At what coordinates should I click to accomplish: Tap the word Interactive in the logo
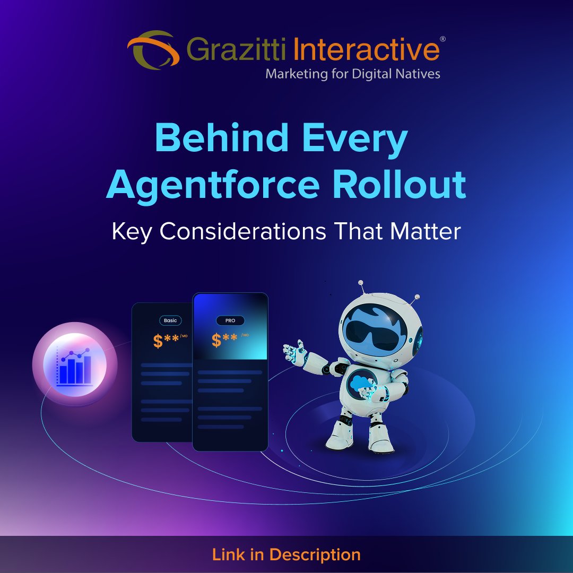click(x=366, y=50)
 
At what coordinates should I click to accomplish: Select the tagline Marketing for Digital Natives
click(x=353, y=73)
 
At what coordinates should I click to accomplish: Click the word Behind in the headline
click(x=219, y=139)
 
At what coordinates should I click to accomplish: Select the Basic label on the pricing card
click(x=170, y=320)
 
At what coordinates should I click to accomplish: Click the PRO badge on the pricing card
click(x=230, y=320)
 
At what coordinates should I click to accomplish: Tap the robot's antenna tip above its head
click(x=361, y=283)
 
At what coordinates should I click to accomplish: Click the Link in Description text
click(x=286, y=555)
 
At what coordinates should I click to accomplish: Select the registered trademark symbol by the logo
click(x=442, y=40)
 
